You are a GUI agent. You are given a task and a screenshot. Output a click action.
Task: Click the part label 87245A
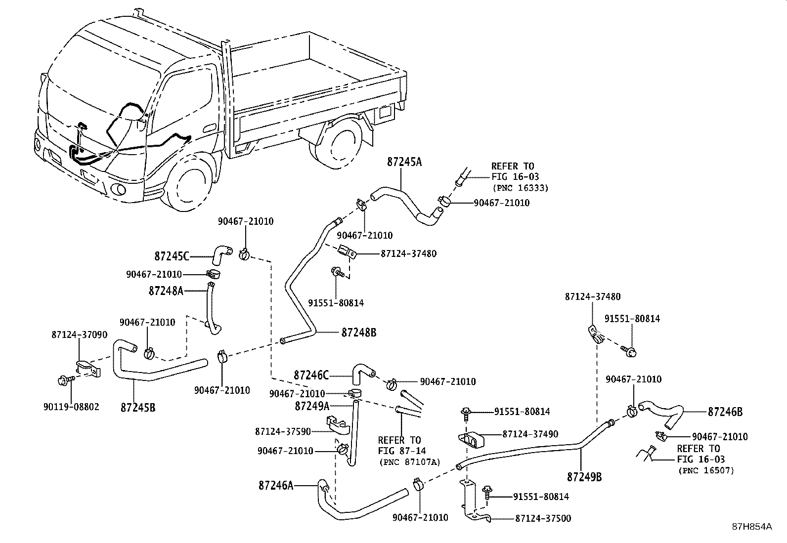coord(404,162)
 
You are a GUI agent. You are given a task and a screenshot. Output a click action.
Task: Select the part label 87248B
coord(358,333)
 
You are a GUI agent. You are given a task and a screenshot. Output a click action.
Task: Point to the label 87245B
coord(138,408)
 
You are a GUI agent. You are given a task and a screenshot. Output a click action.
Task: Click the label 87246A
coord(276,485)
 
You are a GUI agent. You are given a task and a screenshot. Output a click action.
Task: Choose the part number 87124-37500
coord(543,518)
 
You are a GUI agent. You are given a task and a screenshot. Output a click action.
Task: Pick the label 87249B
coord(584,477)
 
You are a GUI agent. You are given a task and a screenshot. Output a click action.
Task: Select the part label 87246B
coord(725,412)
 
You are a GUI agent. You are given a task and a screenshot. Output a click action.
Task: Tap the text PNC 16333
coord(520,188)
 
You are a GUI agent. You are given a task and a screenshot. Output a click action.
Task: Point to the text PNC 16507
coord(705,470)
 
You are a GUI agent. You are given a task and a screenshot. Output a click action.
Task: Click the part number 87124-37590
coord(283,431)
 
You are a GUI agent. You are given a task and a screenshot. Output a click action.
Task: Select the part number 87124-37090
coord(79,334)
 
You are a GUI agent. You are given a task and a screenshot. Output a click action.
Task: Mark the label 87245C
coord(172,256)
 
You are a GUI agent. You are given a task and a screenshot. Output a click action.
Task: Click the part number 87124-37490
coord(530,434)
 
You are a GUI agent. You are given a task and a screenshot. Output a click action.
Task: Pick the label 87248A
coord(166,291)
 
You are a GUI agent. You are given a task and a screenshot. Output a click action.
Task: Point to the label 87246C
coord(311,375)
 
